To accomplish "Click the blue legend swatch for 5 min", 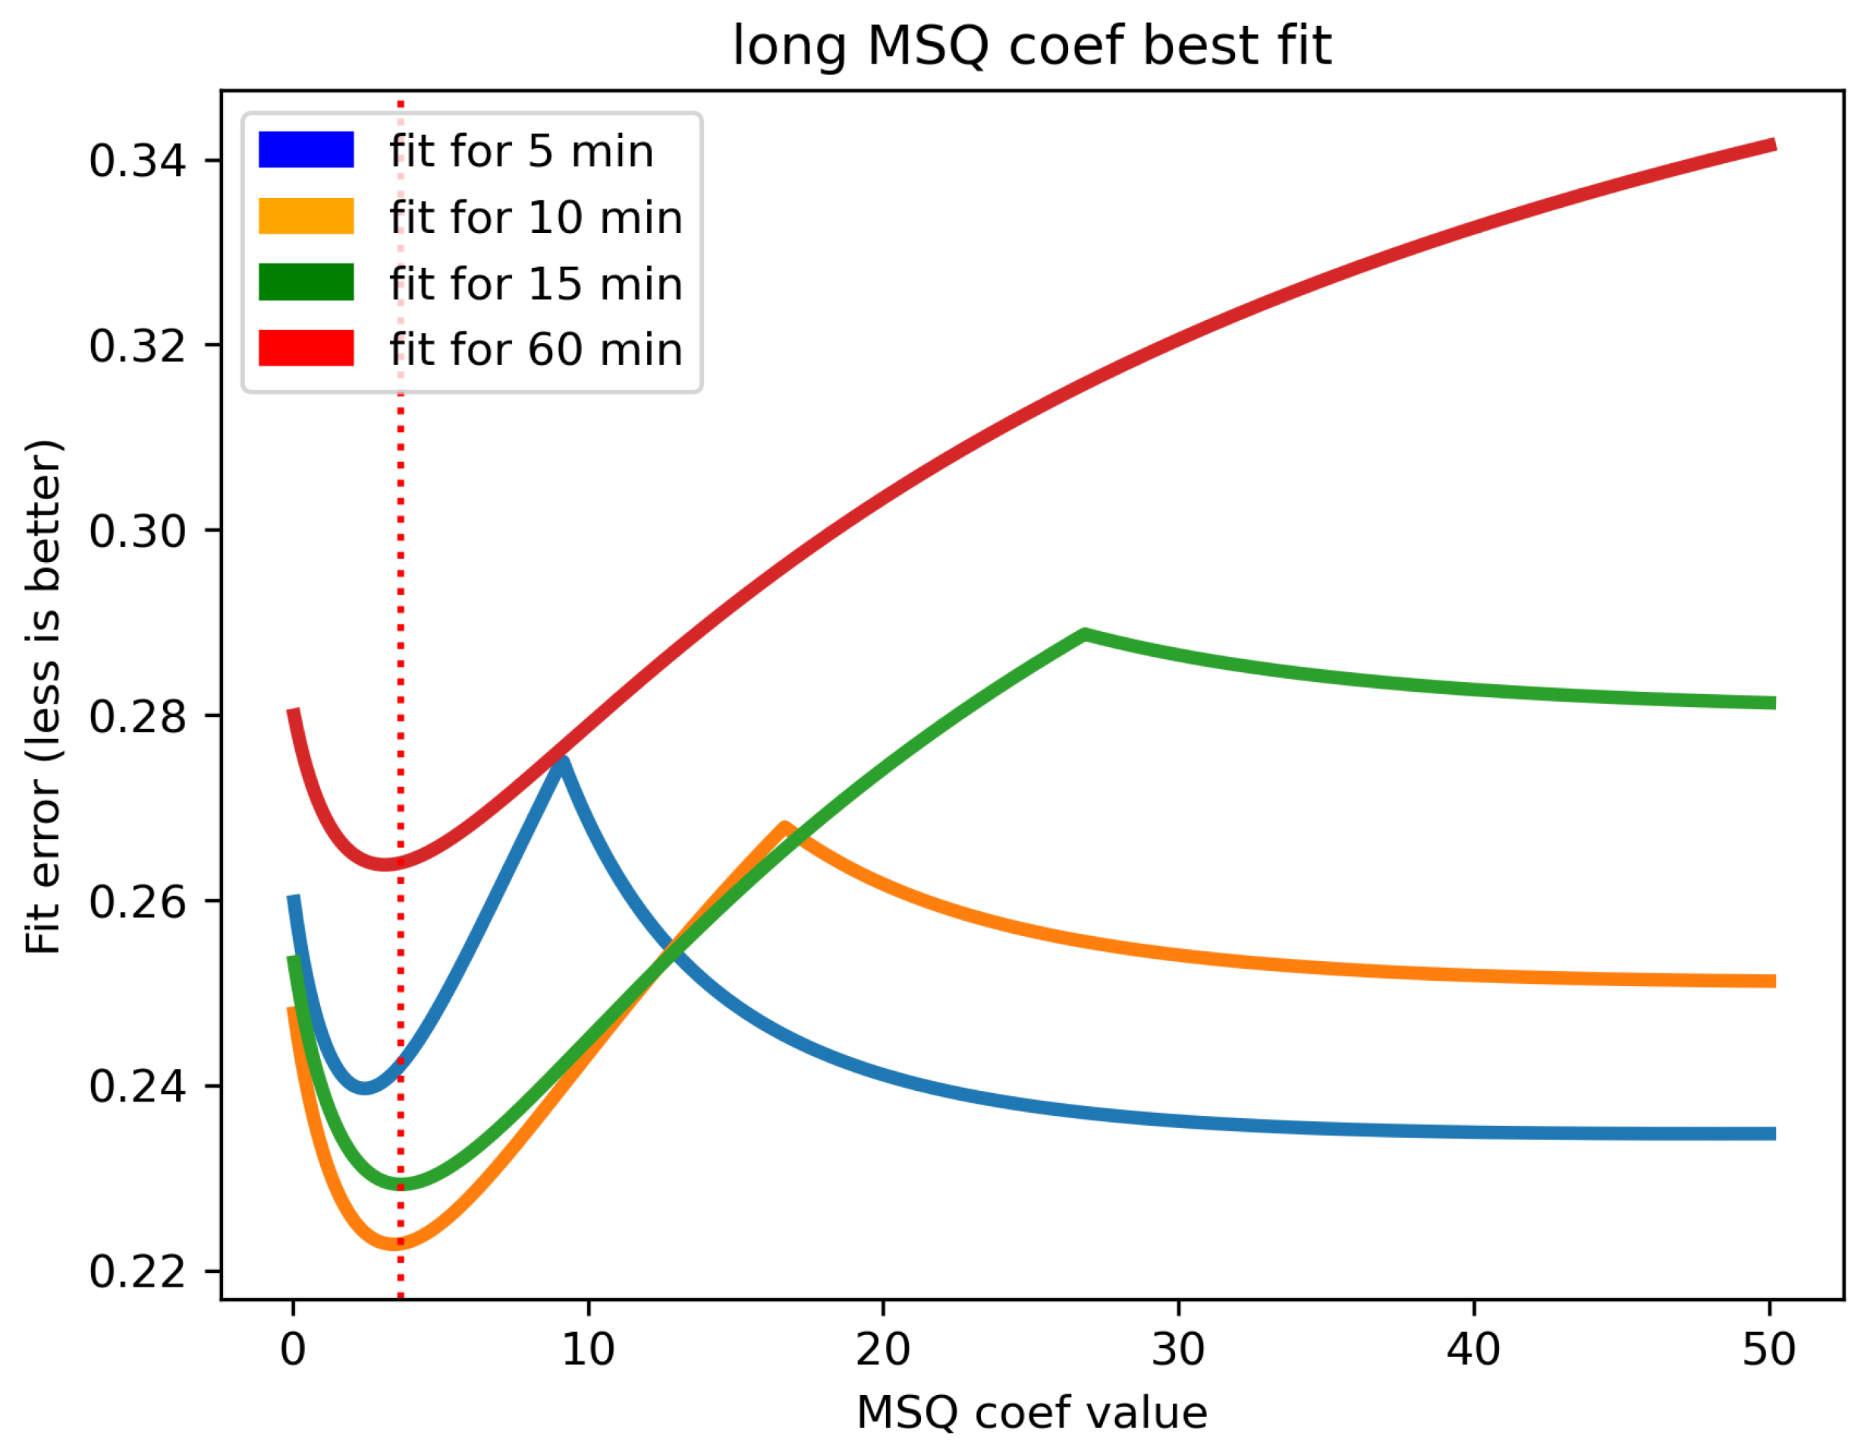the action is (x=306, y=149).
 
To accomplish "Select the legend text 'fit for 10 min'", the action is (x=535, y=217).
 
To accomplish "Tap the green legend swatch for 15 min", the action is (x=306, y=282).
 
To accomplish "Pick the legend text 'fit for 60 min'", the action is (x=535, y=349).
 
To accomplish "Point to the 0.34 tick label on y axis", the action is (x=137, y=161).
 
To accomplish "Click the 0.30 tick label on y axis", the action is (x=137, y=532).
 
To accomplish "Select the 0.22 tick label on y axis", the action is (x=137, y=1272).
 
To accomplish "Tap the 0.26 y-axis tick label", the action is (x=137, y=902).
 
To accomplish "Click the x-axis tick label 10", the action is (x=589, y=1350).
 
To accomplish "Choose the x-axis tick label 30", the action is (x=1178, y=1350).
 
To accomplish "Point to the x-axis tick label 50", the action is (x=1768, y=1350).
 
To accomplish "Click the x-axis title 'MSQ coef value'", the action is (x=1032, y=1413).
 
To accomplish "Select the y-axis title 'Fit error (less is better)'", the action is (x=43, y=696).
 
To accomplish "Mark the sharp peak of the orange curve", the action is (x=784, y=827).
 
